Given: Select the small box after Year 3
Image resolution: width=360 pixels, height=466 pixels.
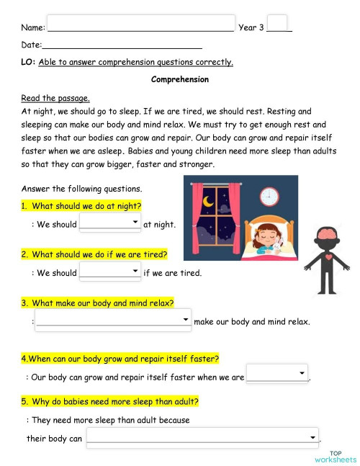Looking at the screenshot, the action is coord(277,24).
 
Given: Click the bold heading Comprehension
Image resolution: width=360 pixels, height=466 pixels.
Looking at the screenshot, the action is coord(180,79).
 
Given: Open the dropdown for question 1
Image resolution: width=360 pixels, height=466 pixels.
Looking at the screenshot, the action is coord(110,223).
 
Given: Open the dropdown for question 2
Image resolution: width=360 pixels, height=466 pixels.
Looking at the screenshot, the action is coord(110,272).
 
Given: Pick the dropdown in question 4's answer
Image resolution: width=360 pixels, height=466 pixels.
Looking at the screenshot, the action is coord(276,375).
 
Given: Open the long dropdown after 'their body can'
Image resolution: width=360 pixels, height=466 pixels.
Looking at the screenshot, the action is coord(202,436).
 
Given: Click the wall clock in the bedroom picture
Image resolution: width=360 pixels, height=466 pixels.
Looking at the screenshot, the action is coord(269,196).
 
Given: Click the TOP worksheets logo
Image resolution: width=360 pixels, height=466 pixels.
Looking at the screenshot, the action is coord(335,456).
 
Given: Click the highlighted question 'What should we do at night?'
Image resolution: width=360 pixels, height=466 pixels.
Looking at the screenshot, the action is coord(81,206).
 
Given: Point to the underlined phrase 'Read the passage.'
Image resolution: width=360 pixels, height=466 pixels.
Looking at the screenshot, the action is coord(55,98).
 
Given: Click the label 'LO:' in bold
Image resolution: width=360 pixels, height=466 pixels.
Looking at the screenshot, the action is coord(28,62).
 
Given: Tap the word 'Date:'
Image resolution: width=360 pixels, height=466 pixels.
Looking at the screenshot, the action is coord(32,45).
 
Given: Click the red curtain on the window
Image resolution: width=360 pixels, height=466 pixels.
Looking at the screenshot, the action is coord(198,220).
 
